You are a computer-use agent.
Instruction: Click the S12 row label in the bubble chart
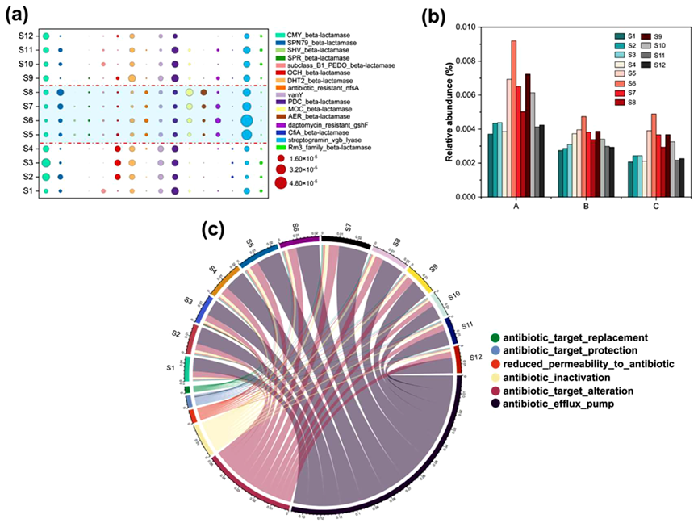click(x=26, y=36)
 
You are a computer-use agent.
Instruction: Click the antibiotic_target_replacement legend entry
click(x=571, y=337)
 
